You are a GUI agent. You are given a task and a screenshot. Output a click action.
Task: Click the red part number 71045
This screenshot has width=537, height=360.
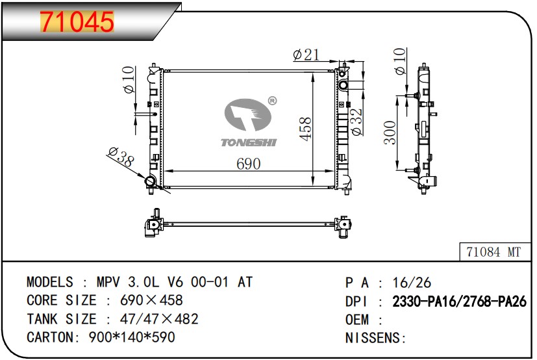tap(77, 21)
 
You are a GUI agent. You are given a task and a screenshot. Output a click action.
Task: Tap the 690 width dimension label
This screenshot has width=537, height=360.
tap(248, 164)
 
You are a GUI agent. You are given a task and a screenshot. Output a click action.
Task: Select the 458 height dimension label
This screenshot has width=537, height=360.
tap(305, 129)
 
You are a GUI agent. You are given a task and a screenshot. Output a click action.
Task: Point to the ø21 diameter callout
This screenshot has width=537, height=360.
tap(306, 55)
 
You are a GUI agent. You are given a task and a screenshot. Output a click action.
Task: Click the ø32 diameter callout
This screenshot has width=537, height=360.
tap(356, 122)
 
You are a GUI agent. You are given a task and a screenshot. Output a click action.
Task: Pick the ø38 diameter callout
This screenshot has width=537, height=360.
tap(121, 157)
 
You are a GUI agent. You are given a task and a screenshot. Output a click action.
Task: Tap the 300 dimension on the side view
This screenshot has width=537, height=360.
tap(390, 133)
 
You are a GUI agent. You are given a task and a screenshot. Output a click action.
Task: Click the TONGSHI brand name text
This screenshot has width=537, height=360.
tap(249, 142)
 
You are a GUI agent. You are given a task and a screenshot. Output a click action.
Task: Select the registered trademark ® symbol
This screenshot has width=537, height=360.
tap(272, 101)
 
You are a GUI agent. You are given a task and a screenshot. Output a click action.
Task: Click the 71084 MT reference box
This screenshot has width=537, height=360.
tap(495, 252)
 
